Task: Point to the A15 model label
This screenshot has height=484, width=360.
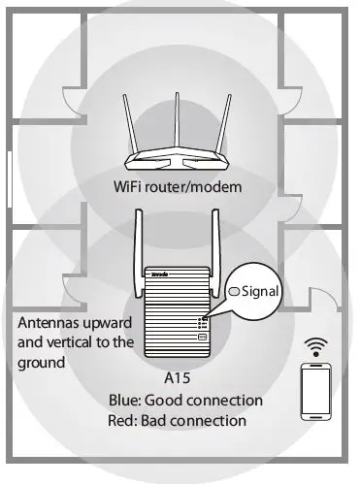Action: [178, 378]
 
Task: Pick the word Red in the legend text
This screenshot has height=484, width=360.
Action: [123, 421]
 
